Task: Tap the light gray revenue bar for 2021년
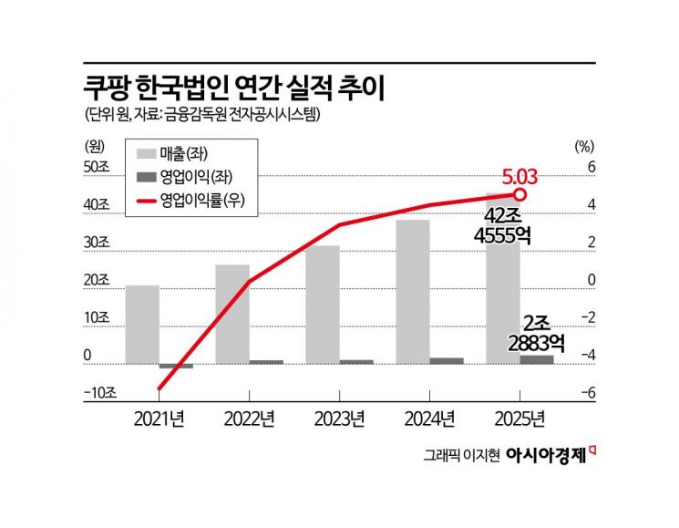click(142, 324)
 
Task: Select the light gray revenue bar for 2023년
click(322, 304)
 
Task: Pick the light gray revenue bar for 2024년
click(412, 291)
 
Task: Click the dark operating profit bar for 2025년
click(536, 359)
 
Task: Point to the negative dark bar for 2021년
click(176, 366)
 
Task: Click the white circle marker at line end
click(520, 194)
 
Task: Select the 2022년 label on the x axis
click(249, 419)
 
